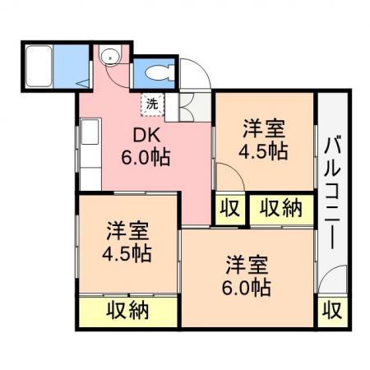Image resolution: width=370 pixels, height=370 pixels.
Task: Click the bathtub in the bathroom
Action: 39,66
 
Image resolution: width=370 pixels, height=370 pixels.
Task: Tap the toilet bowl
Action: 158,73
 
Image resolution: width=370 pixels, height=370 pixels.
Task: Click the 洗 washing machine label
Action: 152,104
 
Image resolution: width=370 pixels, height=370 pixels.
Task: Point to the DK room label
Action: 146,135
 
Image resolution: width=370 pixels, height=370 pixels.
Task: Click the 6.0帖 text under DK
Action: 146,157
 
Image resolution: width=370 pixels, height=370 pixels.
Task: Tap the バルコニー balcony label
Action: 332,193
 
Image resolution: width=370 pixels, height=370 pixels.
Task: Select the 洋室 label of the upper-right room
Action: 264,128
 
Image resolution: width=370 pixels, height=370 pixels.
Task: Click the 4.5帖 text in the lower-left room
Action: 127,253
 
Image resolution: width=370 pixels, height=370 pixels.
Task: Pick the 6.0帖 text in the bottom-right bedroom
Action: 247,288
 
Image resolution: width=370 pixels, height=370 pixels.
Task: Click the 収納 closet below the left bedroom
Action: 127,311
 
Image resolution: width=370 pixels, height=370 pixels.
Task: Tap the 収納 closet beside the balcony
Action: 281,209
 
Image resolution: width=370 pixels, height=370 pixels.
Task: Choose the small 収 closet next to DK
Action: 230,209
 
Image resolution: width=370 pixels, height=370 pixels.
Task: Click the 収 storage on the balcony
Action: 332,311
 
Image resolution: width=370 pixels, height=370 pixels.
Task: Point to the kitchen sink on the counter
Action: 90,132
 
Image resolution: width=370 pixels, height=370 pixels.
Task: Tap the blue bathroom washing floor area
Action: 72,66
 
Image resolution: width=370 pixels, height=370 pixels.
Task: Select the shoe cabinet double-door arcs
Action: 187,107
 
